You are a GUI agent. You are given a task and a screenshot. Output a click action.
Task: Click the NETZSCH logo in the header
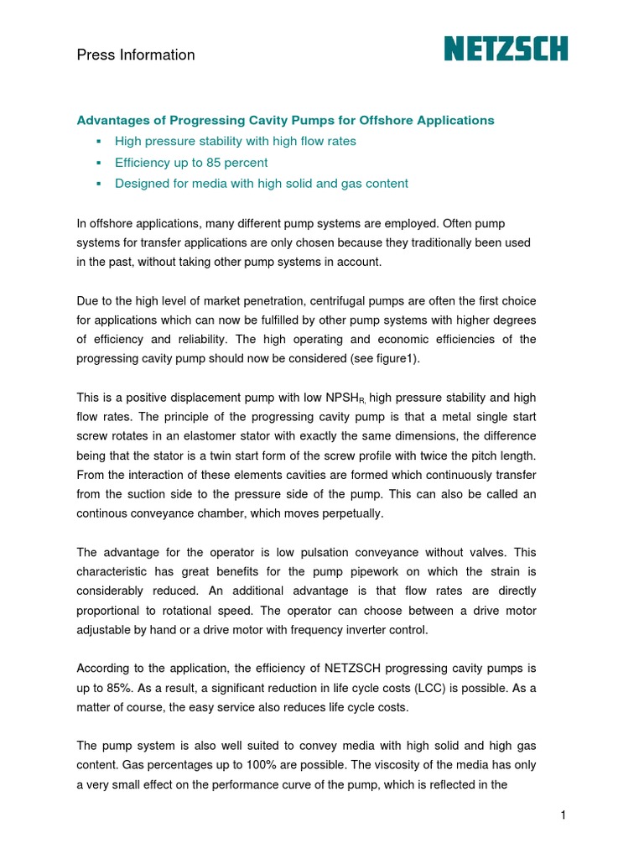[x=506, y=49]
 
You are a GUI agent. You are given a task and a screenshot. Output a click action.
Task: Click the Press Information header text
[x=136, y=55]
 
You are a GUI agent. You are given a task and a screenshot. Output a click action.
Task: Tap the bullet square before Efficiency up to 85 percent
[x=98, y=163]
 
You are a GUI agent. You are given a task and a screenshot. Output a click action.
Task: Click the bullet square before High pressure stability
[x=98, y=142]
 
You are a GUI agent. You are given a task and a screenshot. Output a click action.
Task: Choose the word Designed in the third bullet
[x=141, y=183]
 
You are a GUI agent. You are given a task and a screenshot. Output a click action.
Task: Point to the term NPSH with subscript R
[x=345, y=398]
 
